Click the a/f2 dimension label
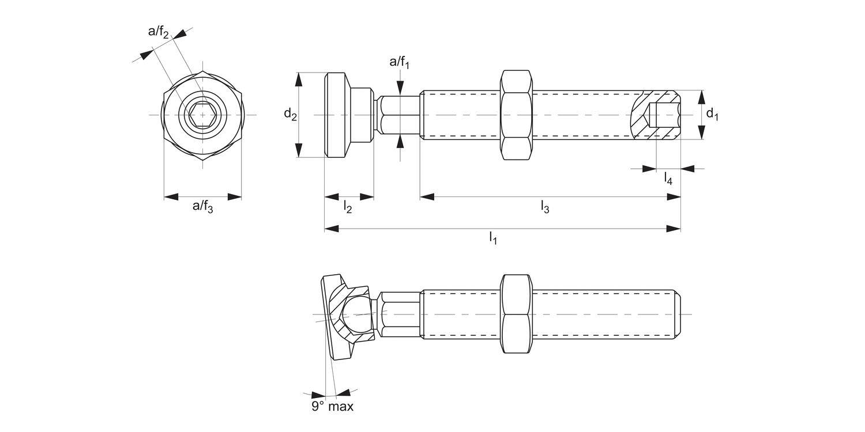[159, 32]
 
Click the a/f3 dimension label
[203, 207]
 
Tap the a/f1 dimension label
[399, 62]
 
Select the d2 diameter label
[291, 114]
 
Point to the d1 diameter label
[712, 114]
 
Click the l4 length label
[668, 179]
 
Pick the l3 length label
[545, 207]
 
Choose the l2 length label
[348, 207]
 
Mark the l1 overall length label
[493, 238]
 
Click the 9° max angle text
[333, 406]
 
